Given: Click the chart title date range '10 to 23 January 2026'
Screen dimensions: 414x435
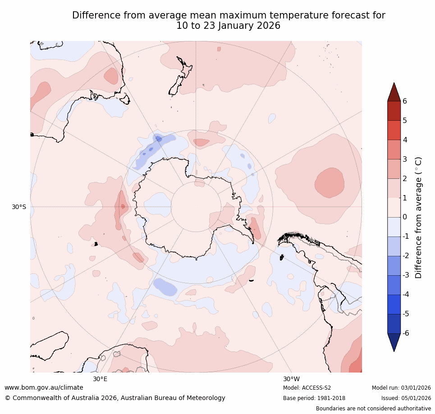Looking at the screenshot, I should pos(229,26).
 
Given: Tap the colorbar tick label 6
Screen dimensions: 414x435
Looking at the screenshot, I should pos(405,101).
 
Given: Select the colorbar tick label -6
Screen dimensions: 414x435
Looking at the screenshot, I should pos(406,333).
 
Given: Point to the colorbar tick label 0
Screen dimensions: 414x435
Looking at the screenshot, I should pos(405,217).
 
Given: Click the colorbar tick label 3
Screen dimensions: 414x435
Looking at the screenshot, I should pos(405,159).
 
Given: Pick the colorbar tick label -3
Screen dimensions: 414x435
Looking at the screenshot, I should pos(406,275).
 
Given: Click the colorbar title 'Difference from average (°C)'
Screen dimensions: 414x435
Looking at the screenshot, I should pos(419,217).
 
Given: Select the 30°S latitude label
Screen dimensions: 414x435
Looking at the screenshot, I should pos(19,207).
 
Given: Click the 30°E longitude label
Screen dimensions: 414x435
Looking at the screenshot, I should pos(100,379).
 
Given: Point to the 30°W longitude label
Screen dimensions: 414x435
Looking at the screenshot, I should pos(291,379).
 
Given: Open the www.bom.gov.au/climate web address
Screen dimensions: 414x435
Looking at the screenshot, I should pos(44,387).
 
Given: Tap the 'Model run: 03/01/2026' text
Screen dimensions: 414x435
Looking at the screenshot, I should pos(401,388).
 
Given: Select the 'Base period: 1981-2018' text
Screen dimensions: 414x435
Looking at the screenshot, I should pos(314,398).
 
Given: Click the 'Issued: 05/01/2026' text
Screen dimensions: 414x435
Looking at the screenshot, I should pos(406,398).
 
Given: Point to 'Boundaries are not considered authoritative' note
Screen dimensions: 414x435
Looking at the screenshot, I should pos(373,409).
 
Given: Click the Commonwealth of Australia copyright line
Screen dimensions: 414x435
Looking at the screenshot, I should pos(115,398).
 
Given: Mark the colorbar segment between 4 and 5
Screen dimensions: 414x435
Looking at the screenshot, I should pos(394,130).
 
